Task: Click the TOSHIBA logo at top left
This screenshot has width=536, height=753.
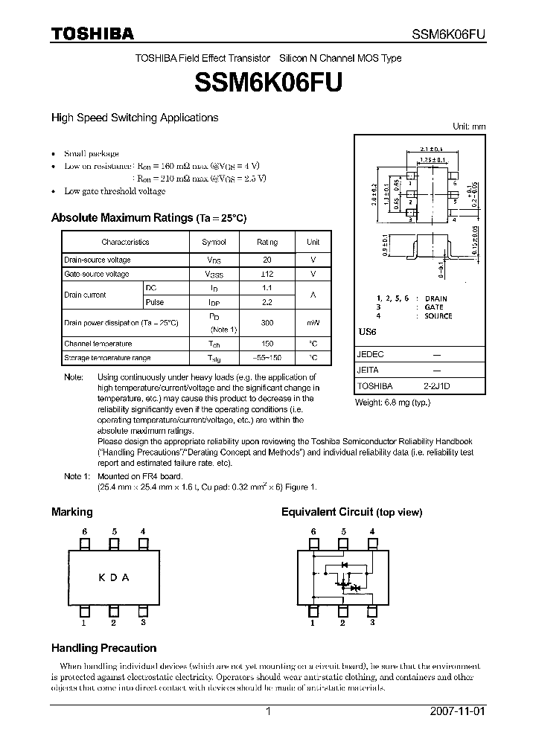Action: point(92,34)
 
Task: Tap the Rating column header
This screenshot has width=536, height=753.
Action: point(267,242)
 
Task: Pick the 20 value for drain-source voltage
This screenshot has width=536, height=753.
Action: point(267,260)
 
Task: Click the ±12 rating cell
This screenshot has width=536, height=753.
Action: point(267,274)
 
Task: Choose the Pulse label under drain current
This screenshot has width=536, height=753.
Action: point(155,302)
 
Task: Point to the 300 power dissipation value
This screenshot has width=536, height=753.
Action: point(267,323)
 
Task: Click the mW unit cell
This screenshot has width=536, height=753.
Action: point(313,323)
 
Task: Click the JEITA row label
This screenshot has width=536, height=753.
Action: point(368,370)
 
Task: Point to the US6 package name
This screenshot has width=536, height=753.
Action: point(366,331)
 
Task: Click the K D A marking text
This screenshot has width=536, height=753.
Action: point(114,577)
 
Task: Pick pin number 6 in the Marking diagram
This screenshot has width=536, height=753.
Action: point(86,531)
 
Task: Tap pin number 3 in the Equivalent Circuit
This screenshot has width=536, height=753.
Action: point(371,623)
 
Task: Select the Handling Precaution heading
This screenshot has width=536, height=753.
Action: point(103,648)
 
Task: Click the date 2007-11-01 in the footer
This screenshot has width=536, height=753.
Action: point(458,711)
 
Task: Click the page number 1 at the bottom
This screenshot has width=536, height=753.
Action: point(268,711)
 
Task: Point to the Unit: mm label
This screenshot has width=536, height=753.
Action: point(469,126)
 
